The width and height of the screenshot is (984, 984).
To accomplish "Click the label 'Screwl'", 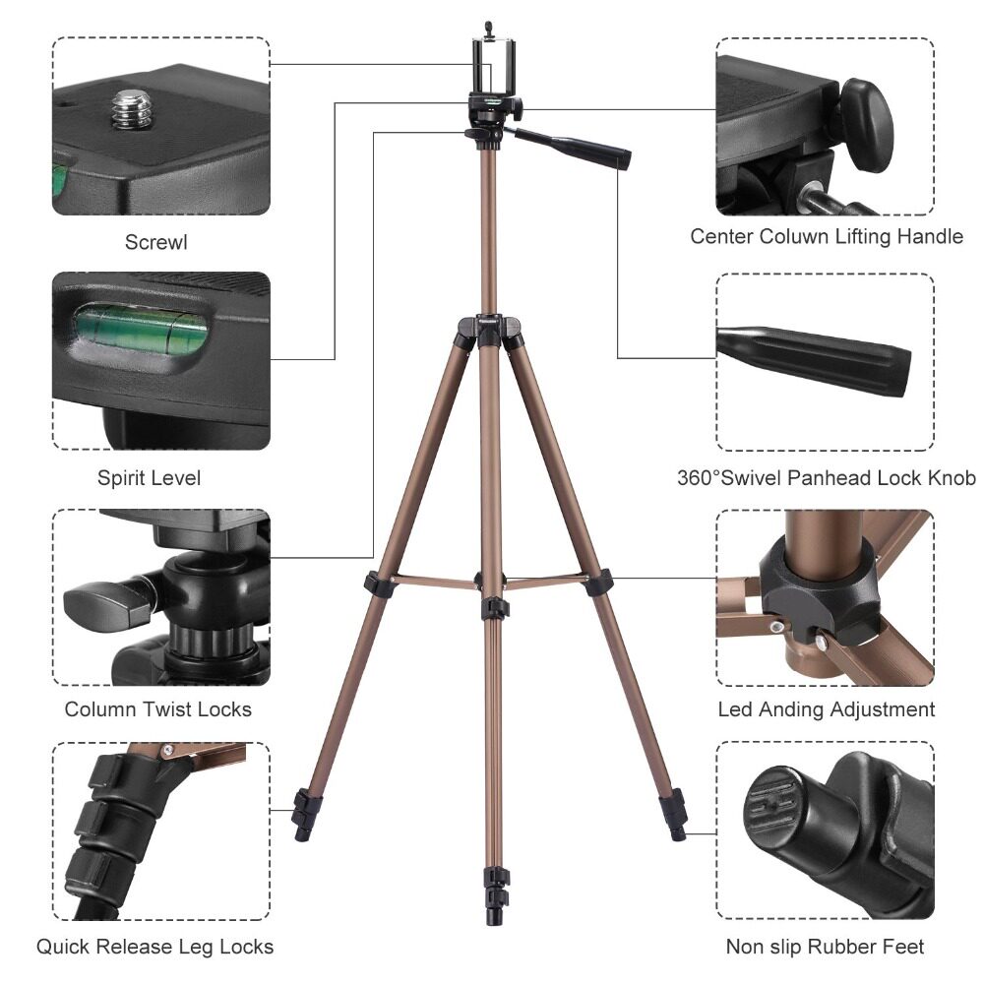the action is [x=155, y=242].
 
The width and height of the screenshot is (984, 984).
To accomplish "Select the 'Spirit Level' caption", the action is [x=149, y=478].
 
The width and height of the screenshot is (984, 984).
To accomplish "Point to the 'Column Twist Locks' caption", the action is [x=157, y=709].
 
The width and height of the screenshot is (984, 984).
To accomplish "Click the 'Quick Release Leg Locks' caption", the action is [x=154, y=947].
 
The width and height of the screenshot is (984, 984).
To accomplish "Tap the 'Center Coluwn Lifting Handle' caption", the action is [x=827, y=236].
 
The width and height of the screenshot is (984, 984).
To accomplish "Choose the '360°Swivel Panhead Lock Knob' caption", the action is [x=827, y=478].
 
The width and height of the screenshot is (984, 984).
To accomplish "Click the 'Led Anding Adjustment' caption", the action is [x=826, y=709].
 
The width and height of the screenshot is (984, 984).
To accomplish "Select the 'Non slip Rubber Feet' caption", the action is [x=825, y=947].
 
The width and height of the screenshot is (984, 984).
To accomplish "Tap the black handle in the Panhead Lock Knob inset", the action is [x=815, y=358].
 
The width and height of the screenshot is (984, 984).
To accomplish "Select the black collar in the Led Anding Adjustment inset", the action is [x=819, y=589].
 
